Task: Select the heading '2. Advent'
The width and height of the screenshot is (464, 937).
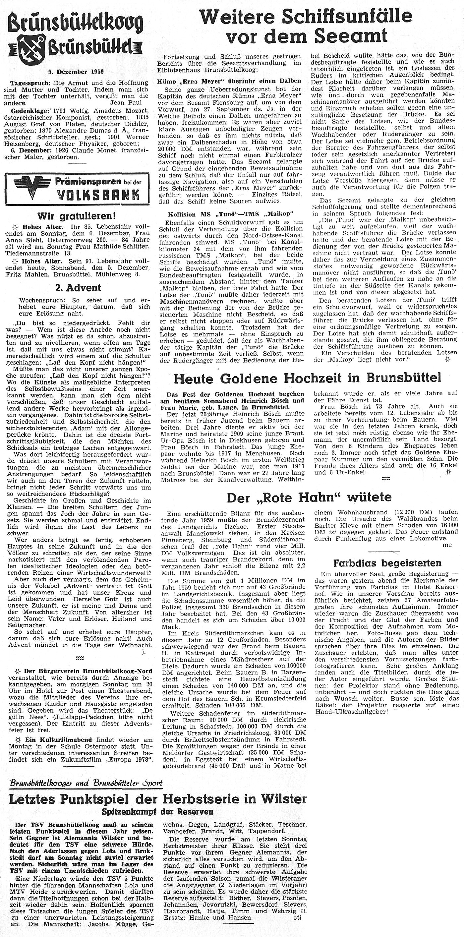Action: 77,288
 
